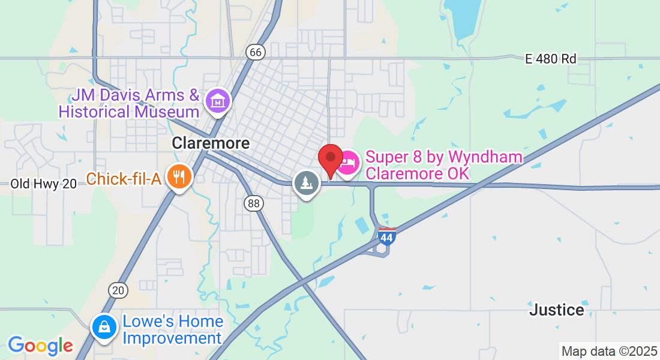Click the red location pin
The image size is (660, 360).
tap(330, 158)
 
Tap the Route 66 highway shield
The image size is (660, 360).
tap(256, 52)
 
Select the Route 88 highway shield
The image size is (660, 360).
tap(254, 203)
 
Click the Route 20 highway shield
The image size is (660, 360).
tap(118, 290)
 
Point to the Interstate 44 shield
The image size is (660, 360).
tap(387, 238)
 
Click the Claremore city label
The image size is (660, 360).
tap(211, 143)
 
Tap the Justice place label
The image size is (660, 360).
tap(556, 310)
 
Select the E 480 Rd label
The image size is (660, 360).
tap(550, 59)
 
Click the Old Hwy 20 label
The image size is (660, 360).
tap(44, 184)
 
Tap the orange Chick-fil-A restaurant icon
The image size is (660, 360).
tap(179, 177)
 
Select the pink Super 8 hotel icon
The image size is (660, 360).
tap(347, 162)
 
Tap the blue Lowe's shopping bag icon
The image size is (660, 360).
tap(104, 327)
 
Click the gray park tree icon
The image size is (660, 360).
tap(307, 182)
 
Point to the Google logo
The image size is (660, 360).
tap(40, 346)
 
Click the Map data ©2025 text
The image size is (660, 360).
tap(608, 351)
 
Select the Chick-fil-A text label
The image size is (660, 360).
tap(124, 178)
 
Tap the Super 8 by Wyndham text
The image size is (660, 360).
tap(443, 158)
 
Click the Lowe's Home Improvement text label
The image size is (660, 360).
tap(173, 330)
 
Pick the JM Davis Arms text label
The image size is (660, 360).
tap(135, 95)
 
